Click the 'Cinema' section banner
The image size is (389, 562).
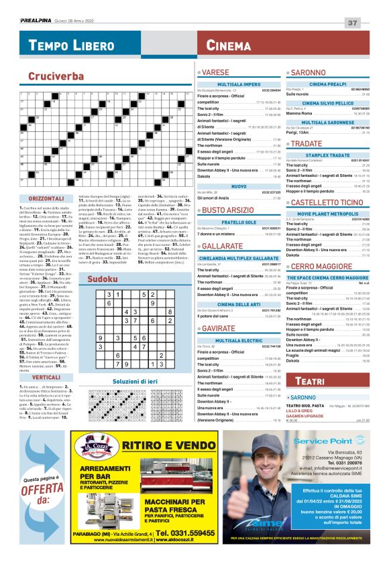(229, 46)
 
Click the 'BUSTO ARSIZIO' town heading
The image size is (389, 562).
(229, 210)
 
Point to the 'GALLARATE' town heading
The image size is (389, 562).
(222, 246)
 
